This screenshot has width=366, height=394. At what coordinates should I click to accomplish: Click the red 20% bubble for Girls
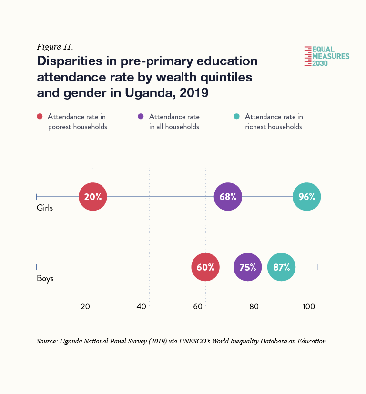click(x=93, y=196)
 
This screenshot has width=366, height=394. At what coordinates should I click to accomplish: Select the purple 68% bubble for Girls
click(x=228, y=196)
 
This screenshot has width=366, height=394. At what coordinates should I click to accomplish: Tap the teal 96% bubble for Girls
click(x=307, y=196)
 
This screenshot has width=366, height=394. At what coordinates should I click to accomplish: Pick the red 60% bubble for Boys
click(x=205, y=267)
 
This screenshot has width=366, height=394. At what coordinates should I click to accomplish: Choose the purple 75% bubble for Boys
click(x=248, y=267)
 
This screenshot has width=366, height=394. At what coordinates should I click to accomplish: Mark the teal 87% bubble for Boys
click(x=282, y=267)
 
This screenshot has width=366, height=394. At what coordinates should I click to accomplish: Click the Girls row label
click(x=45, y=208)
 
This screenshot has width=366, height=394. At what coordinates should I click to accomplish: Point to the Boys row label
click(x=45, y=279)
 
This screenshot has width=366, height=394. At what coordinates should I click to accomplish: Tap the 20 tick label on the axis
click(x=86, y=306)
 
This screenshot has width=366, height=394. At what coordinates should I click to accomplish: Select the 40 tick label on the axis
click(x=142, y=306)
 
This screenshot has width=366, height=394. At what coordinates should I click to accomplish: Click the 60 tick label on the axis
click(x=198, y=306)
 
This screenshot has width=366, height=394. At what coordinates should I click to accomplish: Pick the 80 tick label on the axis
click(x=254, y=306)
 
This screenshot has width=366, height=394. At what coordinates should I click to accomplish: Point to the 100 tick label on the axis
click(x=308, y=306)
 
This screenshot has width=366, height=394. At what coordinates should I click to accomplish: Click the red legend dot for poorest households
click(x=40, y=117)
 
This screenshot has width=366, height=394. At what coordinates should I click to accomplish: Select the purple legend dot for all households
click(x=141, y=117)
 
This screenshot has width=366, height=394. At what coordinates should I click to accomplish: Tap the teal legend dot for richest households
click(x=236, y=117)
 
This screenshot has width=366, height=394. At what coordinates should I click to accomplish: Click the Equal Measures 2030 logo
click(x=327, y=56)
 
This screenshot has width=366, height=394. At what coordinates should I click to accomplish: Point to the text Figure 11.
click(x=54, y=47)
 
